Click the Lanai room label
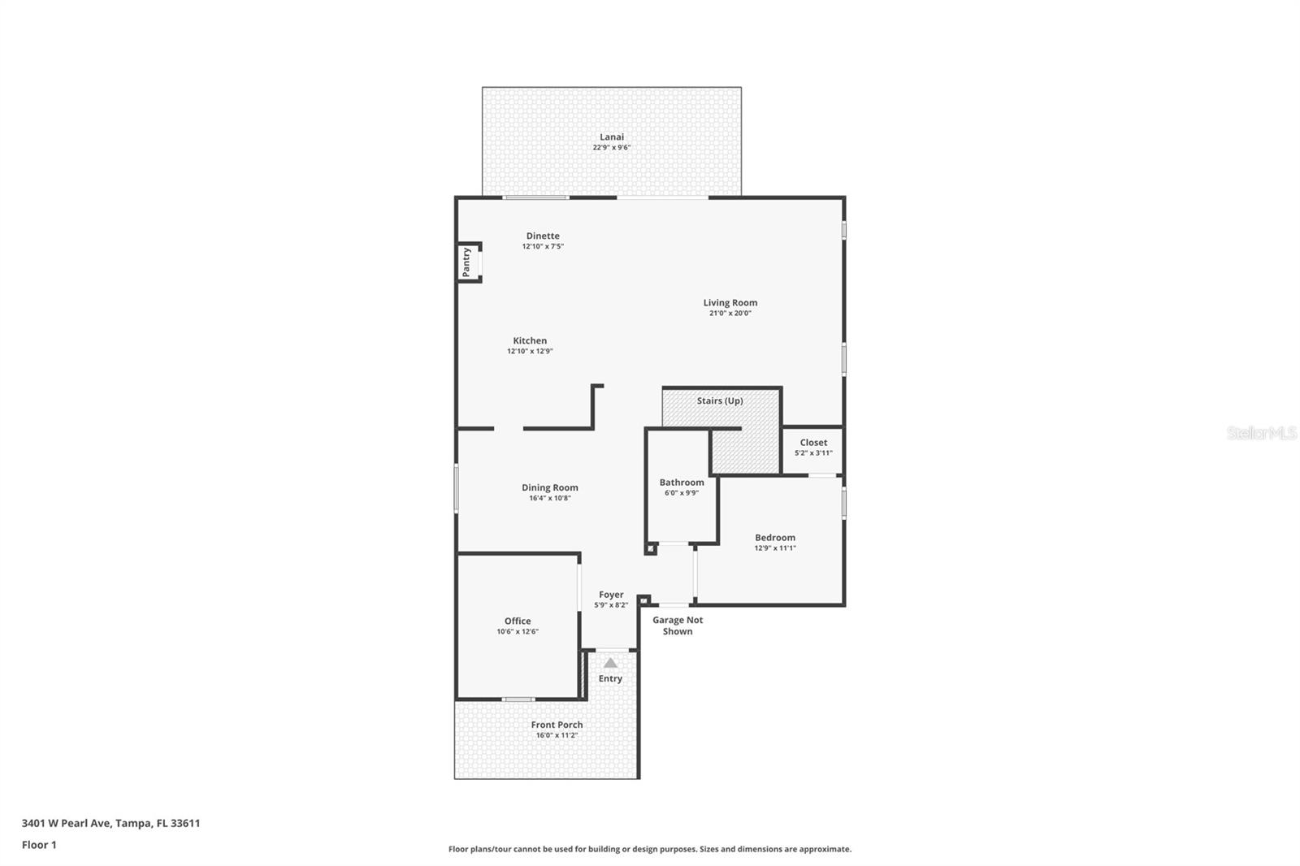point(612,137)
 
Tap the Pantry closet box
point(468,262)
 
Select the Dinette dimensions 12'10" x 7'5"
point(543,246)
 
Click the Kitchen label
point(530,341)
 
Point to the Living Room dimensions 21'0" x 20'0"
point(730,314)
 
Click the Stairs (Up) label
point(720,401)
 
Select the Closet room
point(812,448)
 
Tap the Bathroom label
point(682,483)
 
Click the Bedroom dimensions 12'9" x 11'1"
point(775,548)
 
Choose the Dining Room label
point(550,488)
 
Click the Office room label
point(518,621)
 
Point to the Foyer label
point(611,595)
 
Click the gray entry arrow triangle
point(610,663)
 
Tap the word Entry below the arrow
point(610,679)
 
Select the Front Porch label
point(557,725)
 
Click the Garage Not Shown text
point(678,626)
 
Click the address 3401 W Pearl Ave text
point(110,823)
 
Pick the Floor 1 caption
point(39,845)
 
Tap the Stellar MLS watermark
point(1261,434)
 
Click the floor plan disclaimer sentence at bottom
point(650,849)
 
